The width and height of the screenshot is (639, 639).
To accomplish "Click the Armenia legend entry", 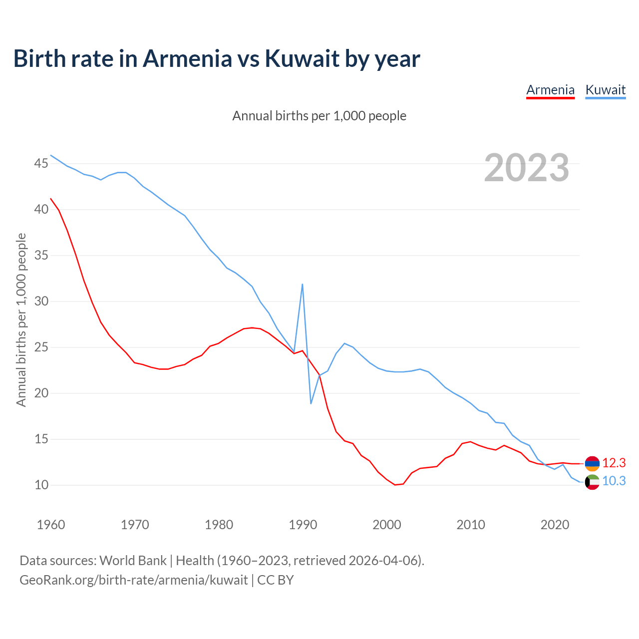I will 550,90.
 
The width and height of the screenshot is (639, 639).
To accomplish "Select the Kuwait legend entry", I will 605,90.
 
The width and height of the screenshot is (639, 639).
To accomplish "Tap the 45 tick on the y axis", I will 41,163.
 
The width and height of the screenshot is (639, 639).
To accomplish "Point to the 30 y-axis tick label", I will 41,301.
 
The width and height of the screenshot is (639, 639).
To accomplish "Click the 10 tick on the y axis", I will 41,485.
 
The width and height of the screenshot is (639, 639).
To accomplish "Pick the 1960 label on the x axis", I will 51,525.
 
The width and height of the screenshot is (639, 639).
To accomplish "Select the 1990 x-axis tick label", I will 303,525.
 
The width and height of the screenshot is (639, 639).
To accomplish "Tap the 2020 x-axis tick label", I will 555,525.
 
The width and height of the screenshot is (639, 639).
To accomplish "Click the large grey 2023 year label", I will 527,168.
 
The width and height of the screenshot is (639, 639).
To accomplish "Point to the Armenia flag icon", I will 592,463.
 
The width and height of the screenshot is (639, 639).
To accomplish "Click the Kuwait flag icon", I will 592,482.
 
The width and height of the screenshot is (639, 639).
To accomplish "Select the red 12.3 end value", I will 614,463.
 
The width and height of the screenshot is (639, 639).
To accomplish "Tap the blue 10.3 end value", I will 614,481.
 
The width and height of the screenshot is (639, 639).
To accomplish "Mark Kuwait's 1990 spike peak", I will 303,285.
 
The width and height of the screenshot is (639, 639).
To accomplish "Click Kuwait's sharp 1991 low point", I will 311,403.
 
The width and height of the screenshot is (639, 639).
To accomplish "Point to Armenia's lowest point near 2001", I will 395,485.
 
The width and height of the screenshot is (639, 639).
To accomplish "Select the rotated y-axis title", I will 21,319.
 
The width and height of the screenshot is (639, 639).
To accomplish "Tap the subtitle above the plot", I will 319,116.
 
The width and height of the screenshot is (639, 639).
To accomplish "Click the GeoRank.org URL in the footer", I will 134,580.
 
